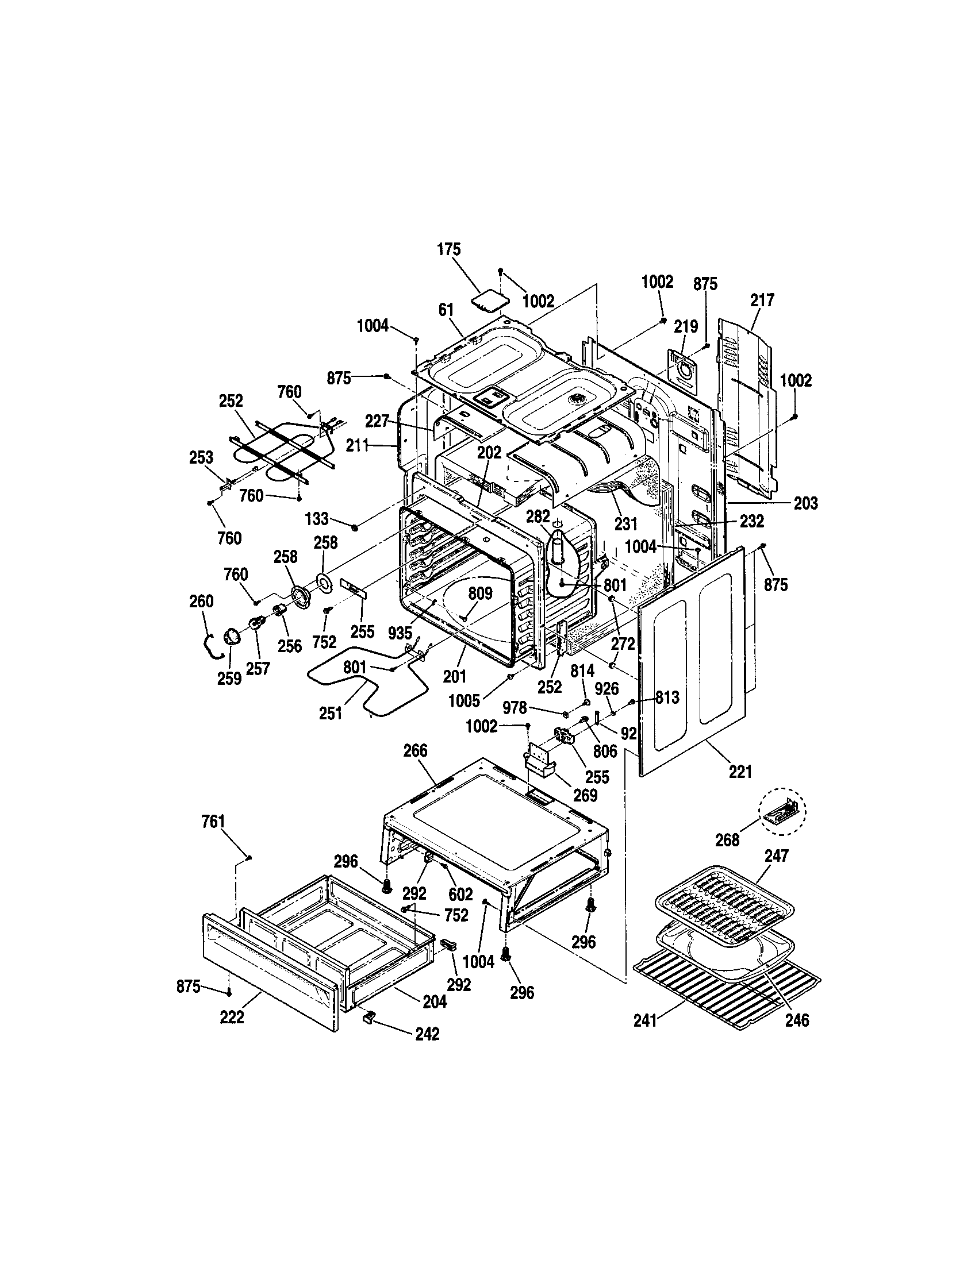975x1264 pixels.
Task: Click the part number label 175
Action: (449, 249)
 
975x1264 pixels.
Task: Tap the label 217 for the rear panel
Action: (762, 300)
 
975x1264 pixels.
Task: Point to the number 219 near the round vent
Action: (685, 326)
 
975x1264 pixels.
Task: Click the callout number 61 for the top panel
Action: (446, 310)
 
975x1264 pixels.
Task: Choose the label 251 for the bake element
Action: (331, 713)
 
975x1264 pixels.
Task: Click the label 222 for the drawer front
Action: (232, 1017)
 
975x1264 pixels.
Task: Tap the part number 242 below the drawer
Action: (427, 1034)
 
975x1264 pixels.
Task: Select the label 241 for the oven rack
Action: (645, 1020)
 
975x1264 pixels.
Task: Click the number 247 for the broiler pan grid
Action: (777, 855)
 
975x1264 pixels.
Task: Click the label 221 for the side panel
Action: (740, 772)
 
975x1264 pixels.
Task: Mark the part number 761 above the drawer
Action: (213, 821)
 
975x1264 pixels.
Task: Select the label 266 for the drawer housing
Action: (415, 751)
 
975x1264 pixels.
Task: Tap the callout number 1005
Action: (465, 701)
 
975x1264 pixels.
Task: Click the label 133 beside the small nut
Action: (317, 518)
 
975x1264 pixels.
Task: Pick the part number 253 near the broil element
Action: (201, 457)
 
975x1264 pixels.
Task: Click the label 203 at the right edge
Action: (805, 503)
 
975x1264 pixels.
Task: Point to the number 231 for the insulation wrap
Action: (626, 523)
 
